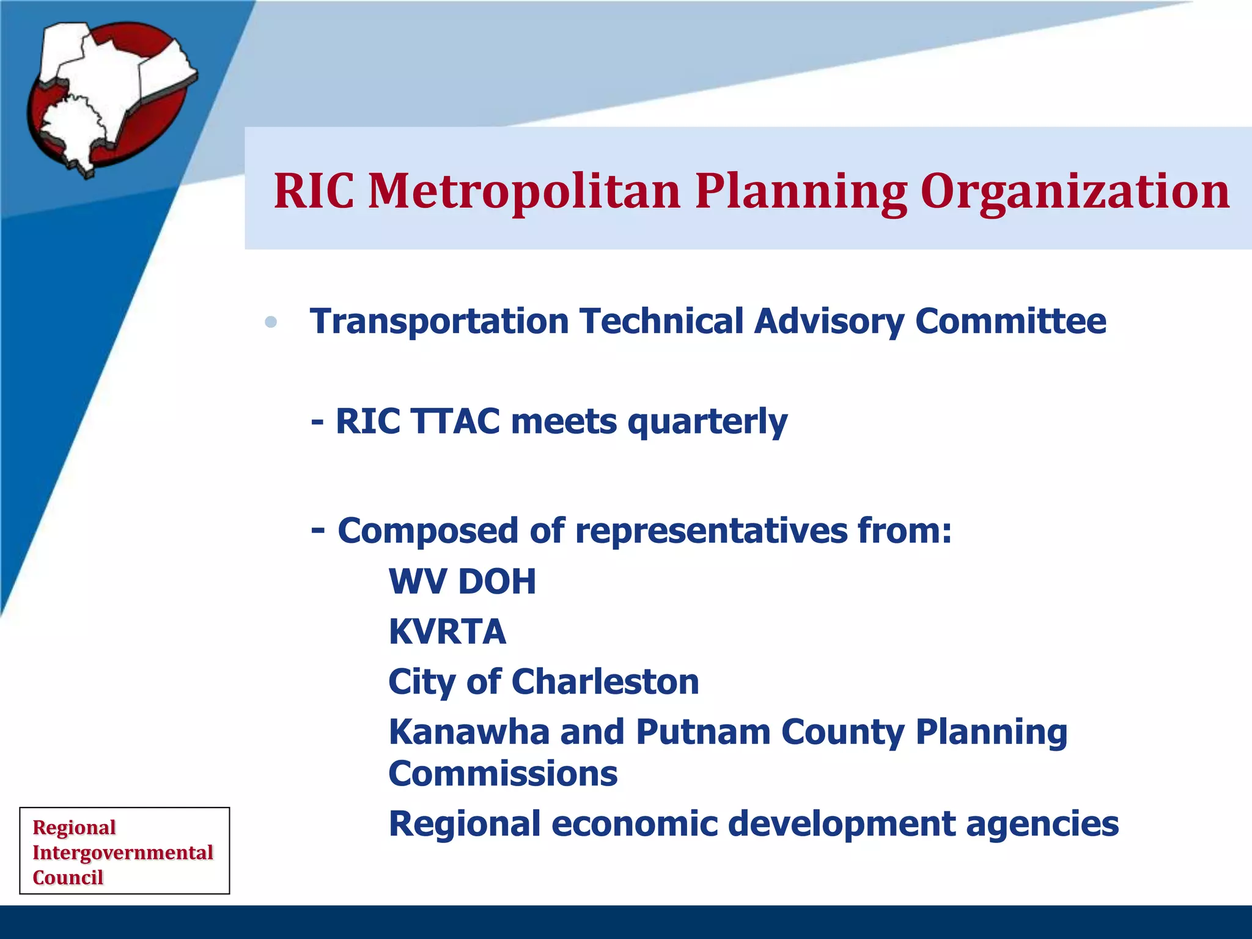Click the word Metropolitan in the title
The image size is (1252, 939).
point(525,191)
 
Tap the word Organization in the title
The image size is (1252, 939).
point(1075,191)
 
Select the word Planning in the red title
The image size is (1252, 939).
point(801,191)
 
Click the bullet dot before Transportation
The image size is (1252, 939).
point(271,322)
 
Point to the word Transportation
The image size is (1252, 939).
point(440,322)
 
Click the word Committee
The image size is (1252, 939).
point(1010,322)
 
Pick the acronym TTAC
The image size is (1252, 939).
point(455,422)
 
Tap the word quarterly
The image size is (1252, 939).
point(707,422)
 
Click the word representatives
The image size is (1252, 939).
point(710,531)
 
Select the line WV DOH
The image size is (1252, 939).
point(462,581)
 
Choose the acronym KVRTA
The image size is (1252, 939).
point(447,632)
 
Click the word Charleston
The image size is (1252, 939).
point(605,682)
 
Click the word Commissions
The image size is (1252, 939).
point(503,774)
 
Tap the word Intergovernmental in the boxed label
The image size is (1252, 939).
point(122,852)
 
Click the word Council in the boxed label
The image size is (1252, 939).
point(68,877)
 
